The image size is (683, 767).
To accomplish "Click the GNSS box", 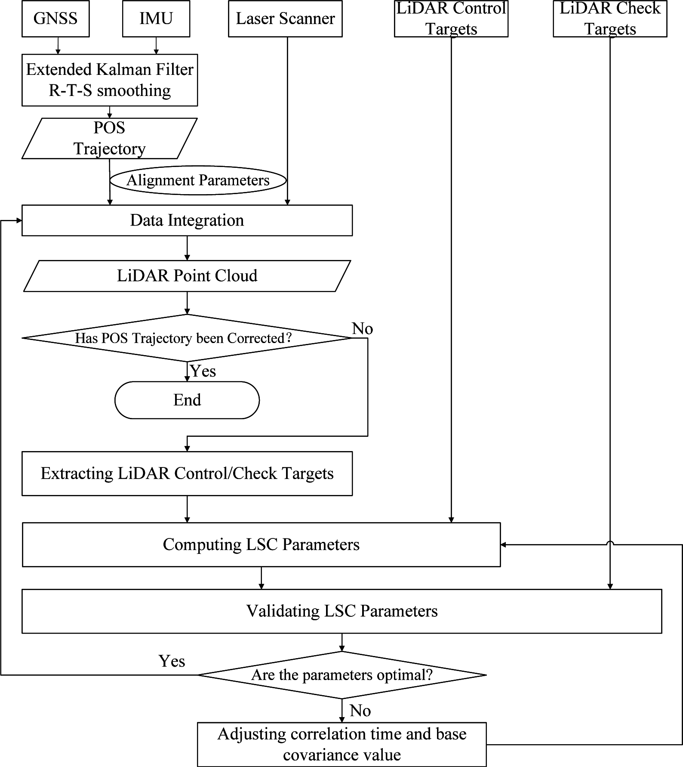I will pos(55,19).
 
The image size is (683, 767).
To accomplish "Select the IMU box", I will pos(156,19).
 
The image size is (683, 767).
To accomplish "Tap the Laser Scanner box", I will pos(285,19).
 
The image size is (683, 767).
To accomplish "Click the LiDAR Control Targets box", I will pos(451,19).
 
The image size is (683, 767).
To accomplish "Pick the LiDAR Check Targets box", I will pos(610,19).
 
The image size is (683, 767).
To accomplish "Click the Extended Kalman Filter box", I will pos(110,80).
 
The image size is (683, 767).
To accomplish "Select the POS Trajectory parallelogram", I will pos(110,138).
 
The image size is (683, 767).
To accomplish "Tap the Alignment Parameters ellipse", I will pos(198,180).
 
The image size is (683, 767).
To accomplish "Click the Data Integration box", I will pos(187,220).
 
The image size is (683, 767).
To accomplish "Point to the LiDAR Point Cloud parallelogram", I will pos(187,276).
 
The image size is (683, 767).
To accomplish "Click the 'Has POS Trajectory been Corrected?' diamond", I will pos(187,338).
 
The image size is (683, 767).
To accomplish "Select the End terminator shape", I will pos(187,400).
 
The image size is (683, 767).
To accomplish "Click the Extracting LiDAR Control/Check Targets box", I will pos(187,473).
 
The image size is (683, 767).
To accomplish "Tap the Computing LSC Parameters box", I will pos(261,545).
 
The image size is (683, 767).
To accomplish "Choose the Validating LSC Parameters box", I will pos(341,611).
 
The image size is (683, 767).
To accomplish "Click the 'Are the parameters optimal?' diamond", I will pos(341,675).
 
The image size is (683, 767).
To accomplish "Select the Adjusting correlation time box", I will pos(341,744).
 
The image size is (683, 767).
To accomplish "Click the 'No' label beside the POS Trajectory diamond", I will pos(362,329).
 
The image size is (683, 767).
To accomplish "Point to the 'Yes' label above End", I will pos(203,371).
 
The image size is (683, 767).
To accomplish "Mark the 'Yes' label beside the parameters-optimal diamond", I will pos(172,661).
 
